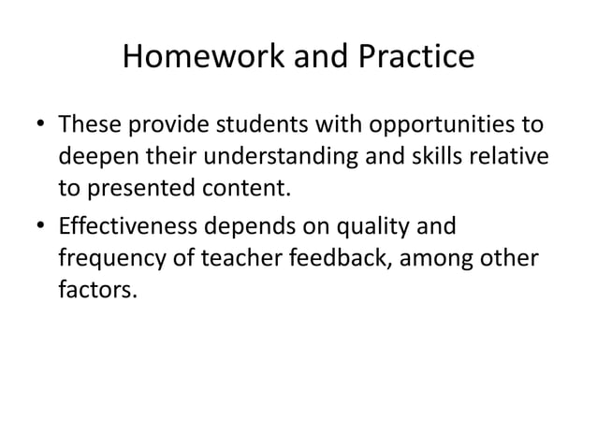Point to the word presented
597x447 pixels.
tap(138, 192)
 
